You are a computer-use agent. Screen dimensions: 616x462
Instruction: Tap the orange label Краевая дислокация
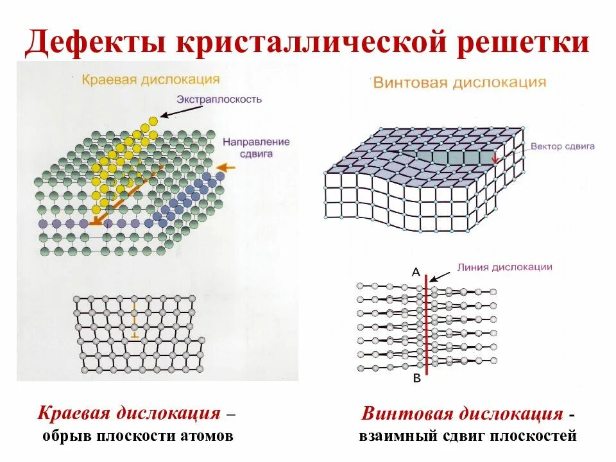click(151, 80)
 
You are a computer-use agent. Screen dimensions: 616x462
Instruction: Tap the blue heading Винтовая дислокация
click(459, 83)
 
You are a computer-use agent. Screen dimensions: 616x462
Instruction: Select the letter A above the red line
click(415, 271)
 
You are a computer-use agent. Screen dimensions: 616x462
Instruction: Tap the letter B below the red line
click(416, 379)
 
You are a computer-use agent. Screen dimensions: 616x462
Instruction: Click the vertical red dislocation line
click(426, 327)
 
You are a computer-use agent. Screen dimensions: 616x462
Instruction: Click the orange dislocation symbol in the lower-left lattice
click(134, 324)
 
